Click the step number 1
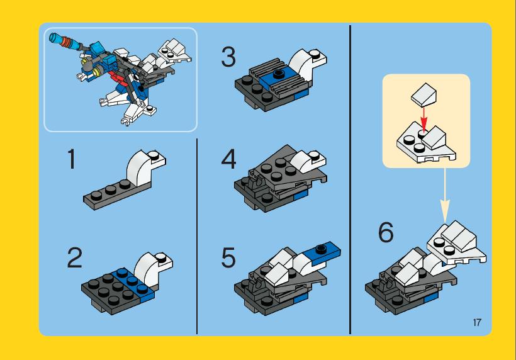pos(71,159)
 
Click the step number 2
pos(75,257)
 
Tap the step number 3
pos(228,57)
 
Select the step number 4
pos(228,159)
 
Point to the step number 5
pos(228,257)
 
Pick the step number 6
pos(386,232)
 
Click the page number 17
pos(477,322)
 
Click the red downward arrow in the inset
pos(424,118)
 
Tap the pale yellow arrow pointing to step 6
pos(445,195)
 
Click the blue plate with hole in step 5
pos(322,253)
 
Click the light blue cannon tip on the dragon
pos(54,38)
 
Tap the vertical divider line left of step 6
pos(350,179)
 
